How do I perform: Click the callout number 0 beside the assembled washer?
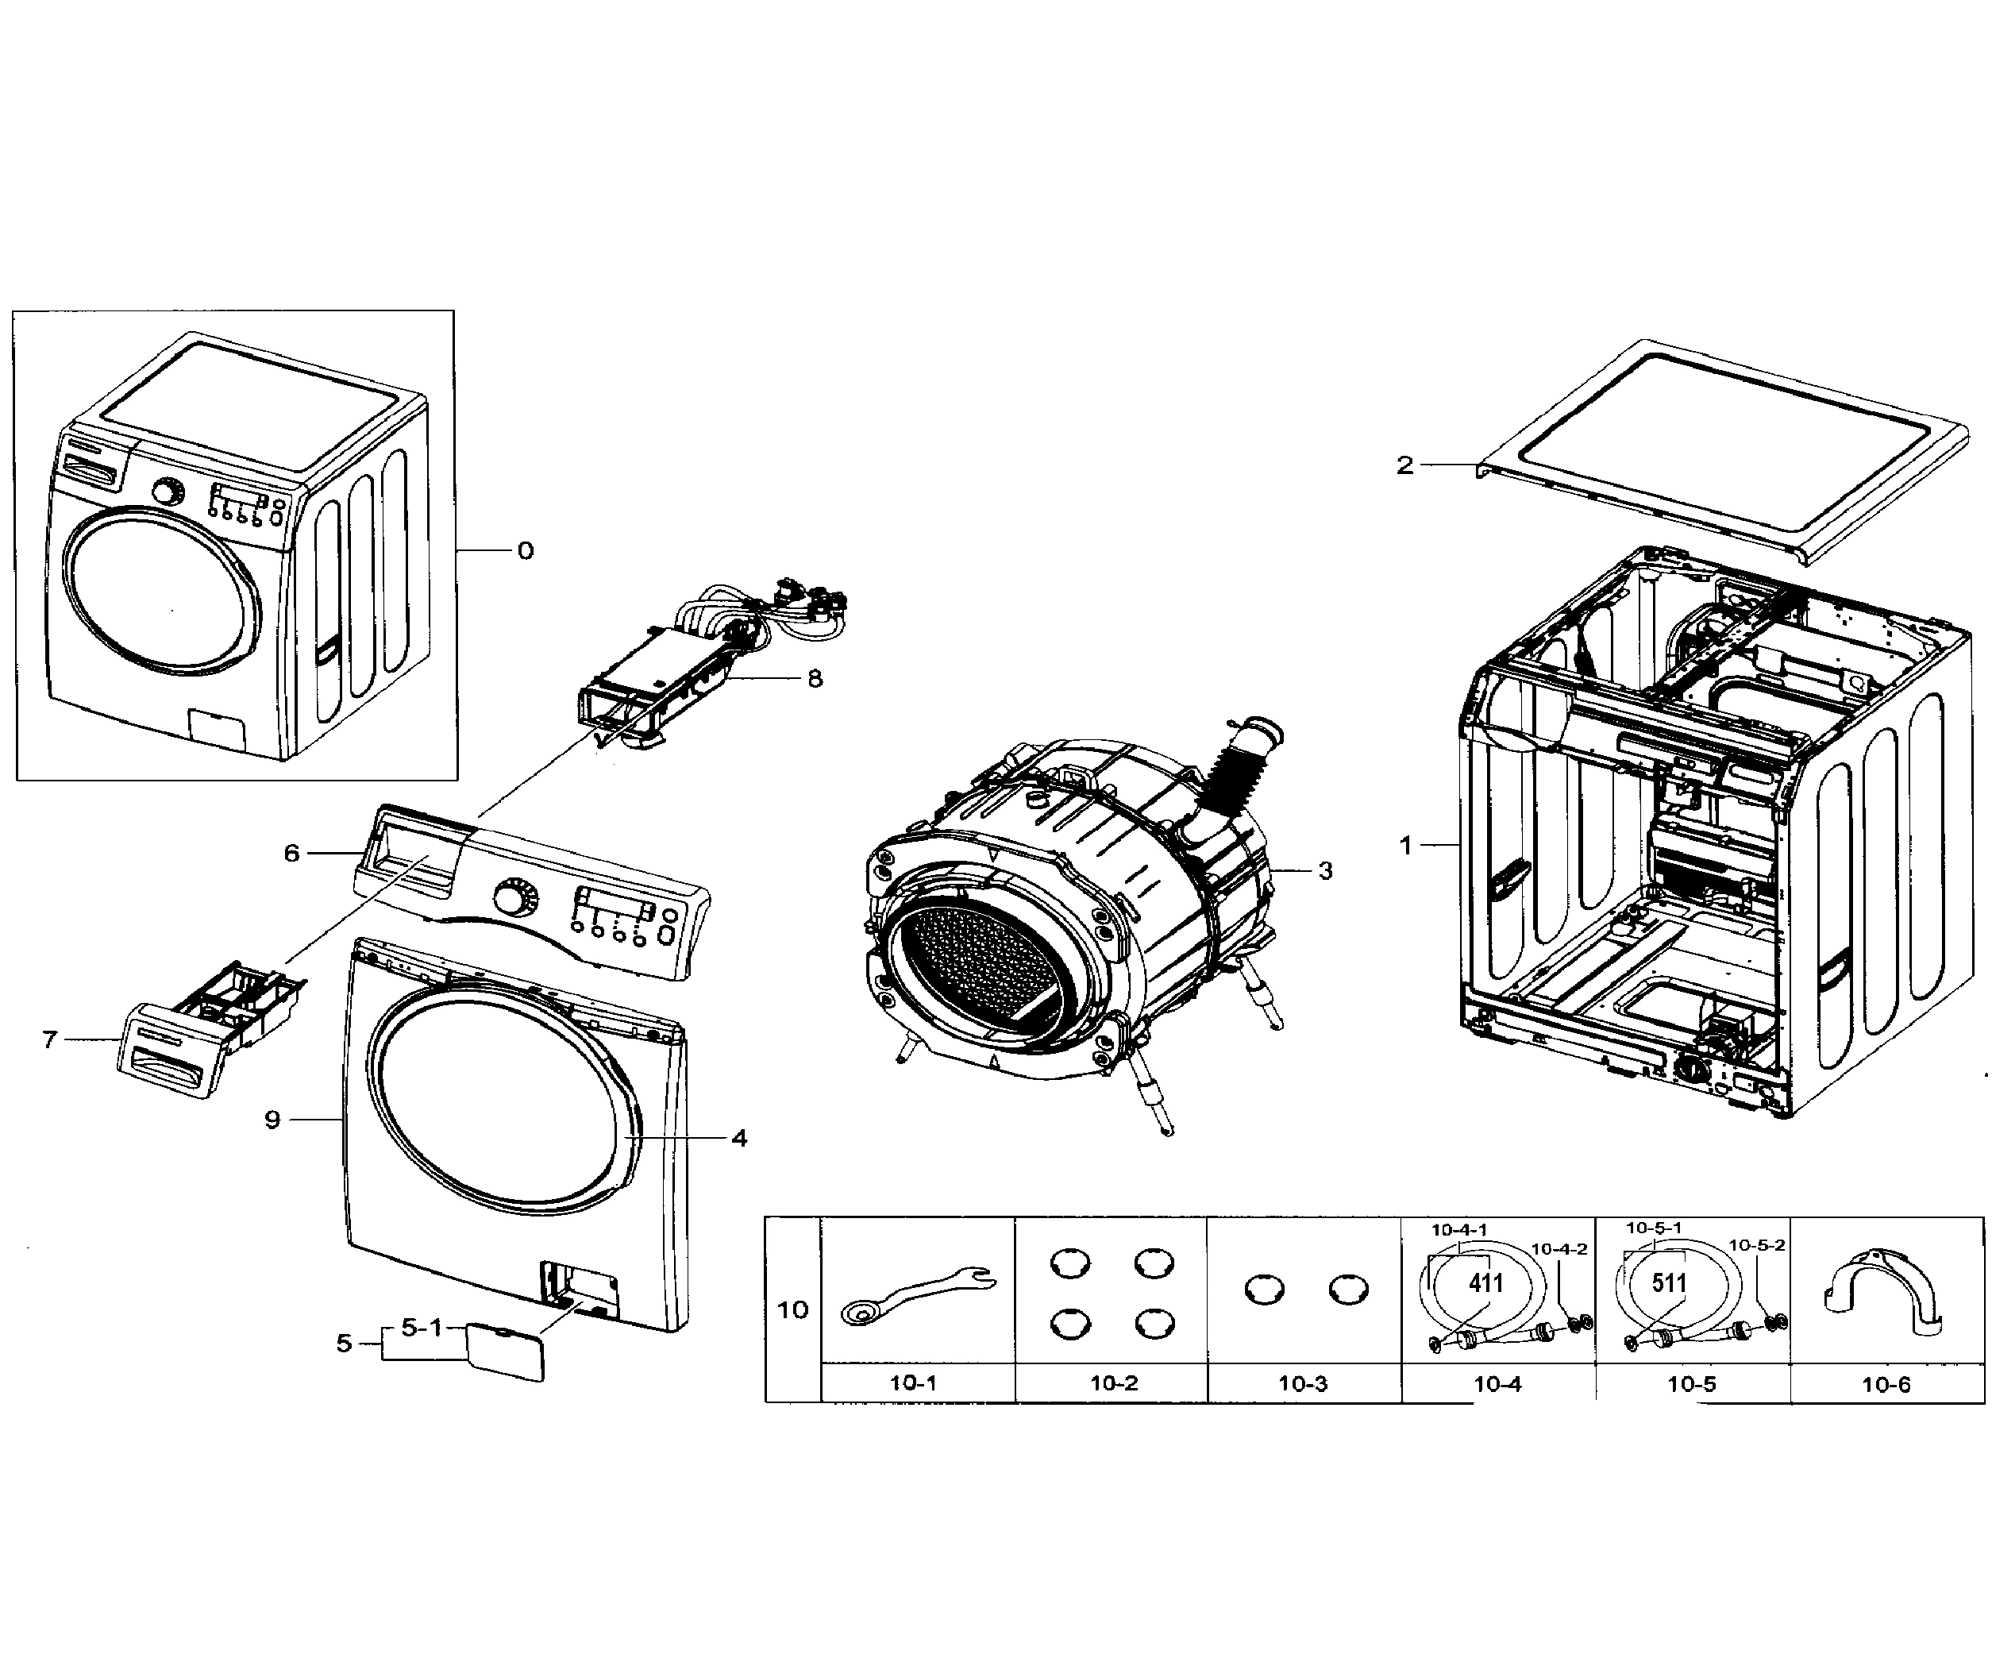(526, 551)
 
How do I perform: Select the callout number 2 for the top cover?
(1404, 465)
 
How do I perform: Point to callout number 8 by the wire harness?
(815, 678)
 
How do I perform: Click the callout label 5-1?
(422, 1328)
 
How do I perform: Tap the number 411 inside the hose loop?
(1485, 1283)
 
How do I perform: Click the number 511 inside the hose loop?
(1670, 1283)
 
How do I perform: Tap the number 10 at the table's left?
(792, 1310)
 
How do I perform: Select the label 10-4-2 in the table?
(1559, 1249)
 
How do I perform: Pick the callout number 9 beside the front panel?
(272, 1120)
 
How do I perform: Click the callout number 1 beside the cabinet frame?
(1406, 844)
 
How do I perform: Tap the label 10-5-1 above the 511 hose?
(1655, 1228)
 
